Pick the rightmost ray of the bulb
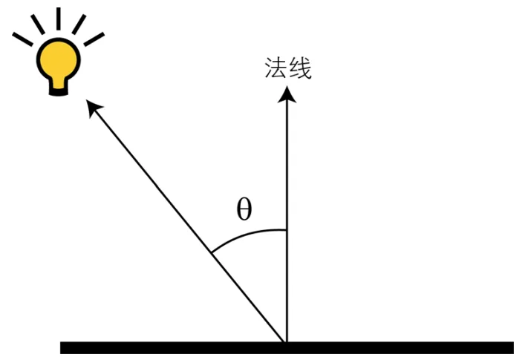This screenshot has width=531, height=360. click(x=94, y=39)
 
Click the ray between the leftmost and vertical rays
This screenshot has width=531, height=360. click(x=35, y=24)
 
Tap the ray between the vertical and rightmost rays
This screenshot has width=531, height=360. click(x=79, y=24)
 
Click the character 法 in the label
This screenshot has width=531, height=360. click(x=276, y=68)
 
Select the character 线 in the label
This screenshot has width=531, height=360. click(x=299, y=68)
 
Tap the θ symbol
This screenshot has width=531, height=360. click(x=244, y=209)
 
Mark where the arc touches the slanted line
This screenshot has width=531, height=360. click(x=212, y=254)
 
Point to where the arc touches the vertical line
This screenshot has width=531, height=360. click(x=287, y=229)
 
